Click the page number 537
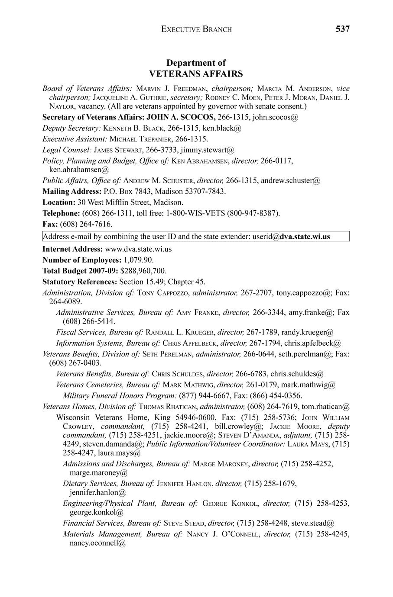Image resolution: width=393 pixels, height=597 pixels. click(x=342, y=29)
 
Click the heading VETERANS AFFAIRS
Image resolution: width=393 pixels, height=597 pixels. click(x=196, y=74)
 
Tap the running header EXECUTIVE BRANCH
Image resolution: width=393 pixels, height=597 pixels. click(x=196, y=29)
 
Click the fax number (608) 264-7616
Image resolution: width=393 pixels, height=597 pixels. click(x=86, y=224)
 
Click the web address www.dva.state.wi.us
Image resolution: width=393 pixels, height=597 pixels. click(x=138, y=249)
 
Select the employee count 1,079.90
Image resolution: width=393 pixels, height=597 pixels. click(x=138, y=260)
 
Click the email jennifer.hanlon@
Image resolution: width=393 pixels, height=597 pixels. click(x=97, y=492)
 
